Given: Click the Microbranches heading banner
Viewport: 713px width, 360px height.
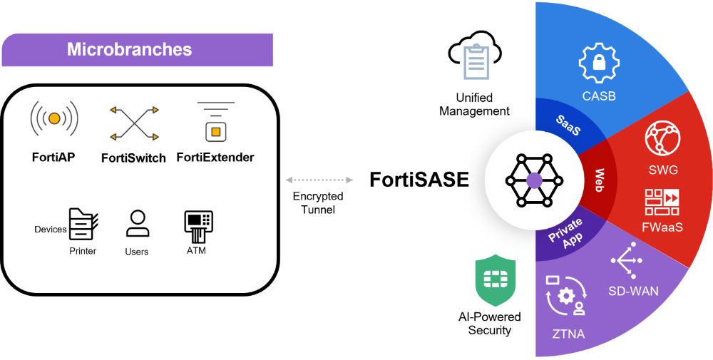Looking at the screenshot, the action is tap(138, 50).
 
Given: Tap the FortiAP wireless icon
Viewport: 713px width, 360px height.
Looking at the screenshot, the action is tap(54, 118).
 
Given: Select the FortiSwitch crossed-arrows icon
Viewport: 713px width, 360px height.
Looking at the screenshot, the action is tap(134, 123).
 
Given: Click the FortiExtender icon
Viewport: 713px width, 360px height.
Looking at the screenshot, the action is tap(215, 121).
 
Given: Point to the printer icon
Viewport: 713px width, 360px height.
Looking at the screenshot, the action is tap(83, 224).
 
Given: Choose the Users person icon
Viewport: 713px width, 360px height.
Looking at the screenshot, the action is tap(138, 223).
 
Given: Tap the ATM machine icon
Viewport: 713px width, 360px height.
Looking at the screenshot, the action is tap(198, 227).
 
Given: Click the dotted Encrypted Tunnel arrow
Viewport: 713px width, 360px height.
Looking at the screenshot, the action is tap(319, 180).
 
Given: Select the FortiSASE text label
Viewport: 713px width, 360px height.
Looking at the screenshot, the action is tap(419, 180).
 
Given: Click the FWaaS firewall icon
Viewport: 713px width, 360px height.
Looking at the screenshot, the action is tap(662, 202).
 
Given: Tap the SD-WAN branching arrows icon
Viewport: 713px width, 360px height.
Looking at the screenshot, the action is tap(627, 260).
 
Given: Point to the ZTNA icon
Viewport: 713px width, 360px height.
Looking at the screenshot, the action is tap(565, 296).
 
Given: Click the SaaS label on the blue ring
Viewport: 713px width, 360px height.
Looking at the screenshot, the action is tap(568, 125).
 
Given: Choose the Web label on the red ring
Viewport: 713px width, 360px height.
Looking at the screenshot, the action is tap(600, 180).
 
